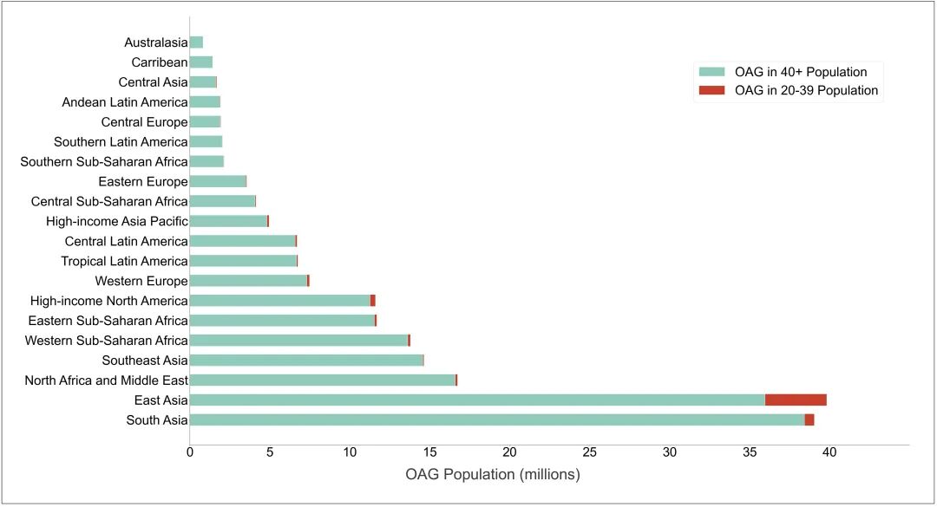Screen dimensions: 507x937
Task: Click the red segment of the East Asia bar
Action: point(796,400)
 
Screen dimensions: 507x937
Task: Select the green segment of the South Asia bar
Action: point(497,419)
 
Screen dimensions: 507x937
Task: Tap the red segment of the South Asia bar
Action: point(809,419)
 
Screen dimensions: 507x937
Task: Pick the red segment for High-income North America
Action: point(373,301)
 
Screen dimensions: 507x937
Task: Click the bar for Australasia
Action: point(196,42)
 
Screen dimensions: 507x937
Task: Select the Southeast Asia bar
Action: point(306,360)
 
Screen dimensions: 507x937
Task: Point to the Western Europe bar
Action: point(249,281)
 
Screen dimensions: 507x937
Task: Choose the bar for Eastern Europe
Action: point(218,181)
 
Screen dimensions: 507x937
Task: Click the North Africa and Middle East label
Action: point(106,380)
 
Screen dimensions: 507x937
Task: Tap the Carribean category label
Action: point(160,62)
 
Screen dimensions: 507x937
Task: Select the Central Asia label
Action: point(153,82)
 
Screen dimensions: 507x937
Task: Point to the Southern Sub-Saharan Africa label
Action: point(103,162)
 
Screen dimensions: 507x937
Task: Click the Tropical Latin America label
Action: point(124,261)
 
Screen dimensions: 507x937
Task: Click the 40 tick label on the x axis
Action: point(829,452)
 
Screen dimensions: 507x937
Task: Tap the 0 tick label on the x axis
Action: point(190,452)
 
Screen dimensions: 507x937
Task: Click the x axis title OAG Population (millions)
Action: point(492,475)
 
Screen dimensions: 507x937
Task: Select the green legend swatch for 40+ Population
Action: point(711,72)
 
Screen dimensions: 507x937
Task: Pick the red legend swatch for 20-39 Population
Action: point(711,90)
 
